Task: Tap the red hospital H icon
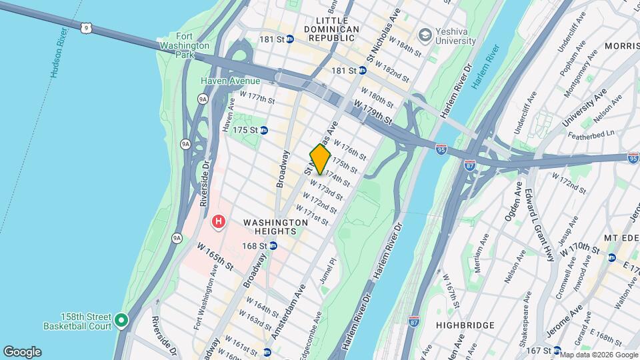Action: tap(217, 221)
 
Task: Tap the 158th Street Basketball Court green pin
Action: tap(121, 321)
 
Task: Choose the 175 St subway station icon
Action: tap(264, 130)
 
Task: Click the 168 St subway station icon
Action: tap(273, 246)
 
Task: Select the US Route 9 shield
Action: tap(84, 27)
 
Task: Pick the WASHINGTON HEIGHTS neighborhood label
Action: tap(269, 227)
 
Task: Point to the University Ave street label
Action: tap(585, 108)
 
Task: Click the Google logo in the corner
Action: tap(22, 352)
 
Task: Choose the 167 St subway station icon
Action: tap(556, 351)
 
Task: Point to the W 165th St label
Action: tap(215, 257)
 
